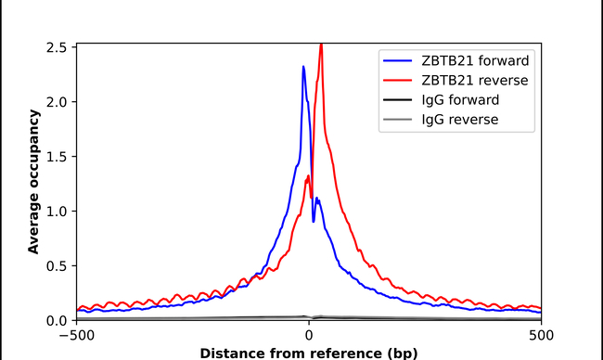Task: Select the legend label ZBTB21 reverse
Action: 474,81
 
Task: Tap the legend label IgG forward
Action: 460,100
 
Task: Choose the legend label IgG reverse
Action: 460,120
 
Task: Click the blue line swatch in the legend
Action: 398,61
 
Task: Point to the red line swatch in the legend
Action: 398,81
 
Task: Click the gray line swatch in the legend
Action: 398,120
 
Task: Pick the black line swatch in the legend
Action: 398,100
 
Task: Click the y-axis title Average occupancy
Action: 33,181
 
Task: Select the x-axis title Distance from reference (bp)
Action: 308,353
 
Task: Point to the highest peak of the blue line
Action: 303,67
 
